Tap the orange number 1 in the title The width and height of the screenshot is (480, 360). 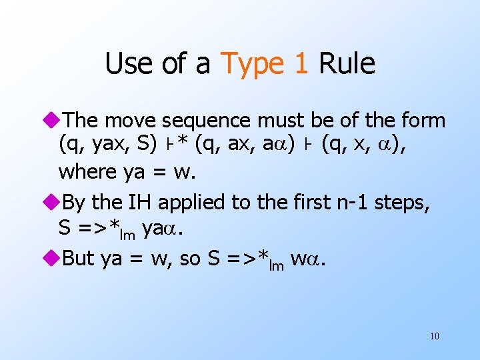coord(300,64)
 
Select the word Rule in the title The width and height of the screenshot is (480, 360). coord(347,64)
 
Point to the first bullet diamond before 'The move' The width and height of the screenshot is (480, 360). coord(55,121)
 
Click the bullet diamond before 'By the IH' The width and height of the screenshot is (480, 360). coord(55,203)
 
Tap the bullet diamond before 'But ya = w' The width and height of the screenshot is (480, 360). coord(55,259)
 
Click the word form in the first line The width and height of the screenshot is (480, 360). coord(423,121)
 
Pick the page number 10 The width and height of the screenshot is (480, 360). coord(434,336)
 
